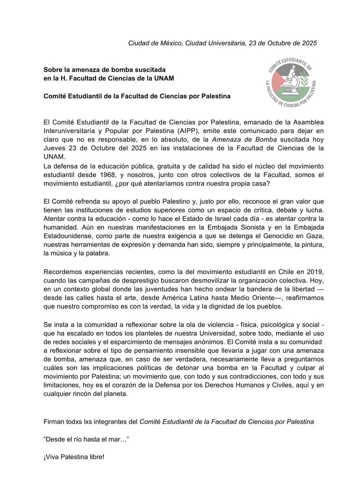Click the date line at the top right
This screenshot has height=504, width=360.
pos(222,43)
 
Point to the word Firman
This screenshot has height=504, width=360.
pos(53,421)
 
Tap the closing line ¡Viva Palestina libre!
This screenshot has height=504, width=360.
pos(74,456)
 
